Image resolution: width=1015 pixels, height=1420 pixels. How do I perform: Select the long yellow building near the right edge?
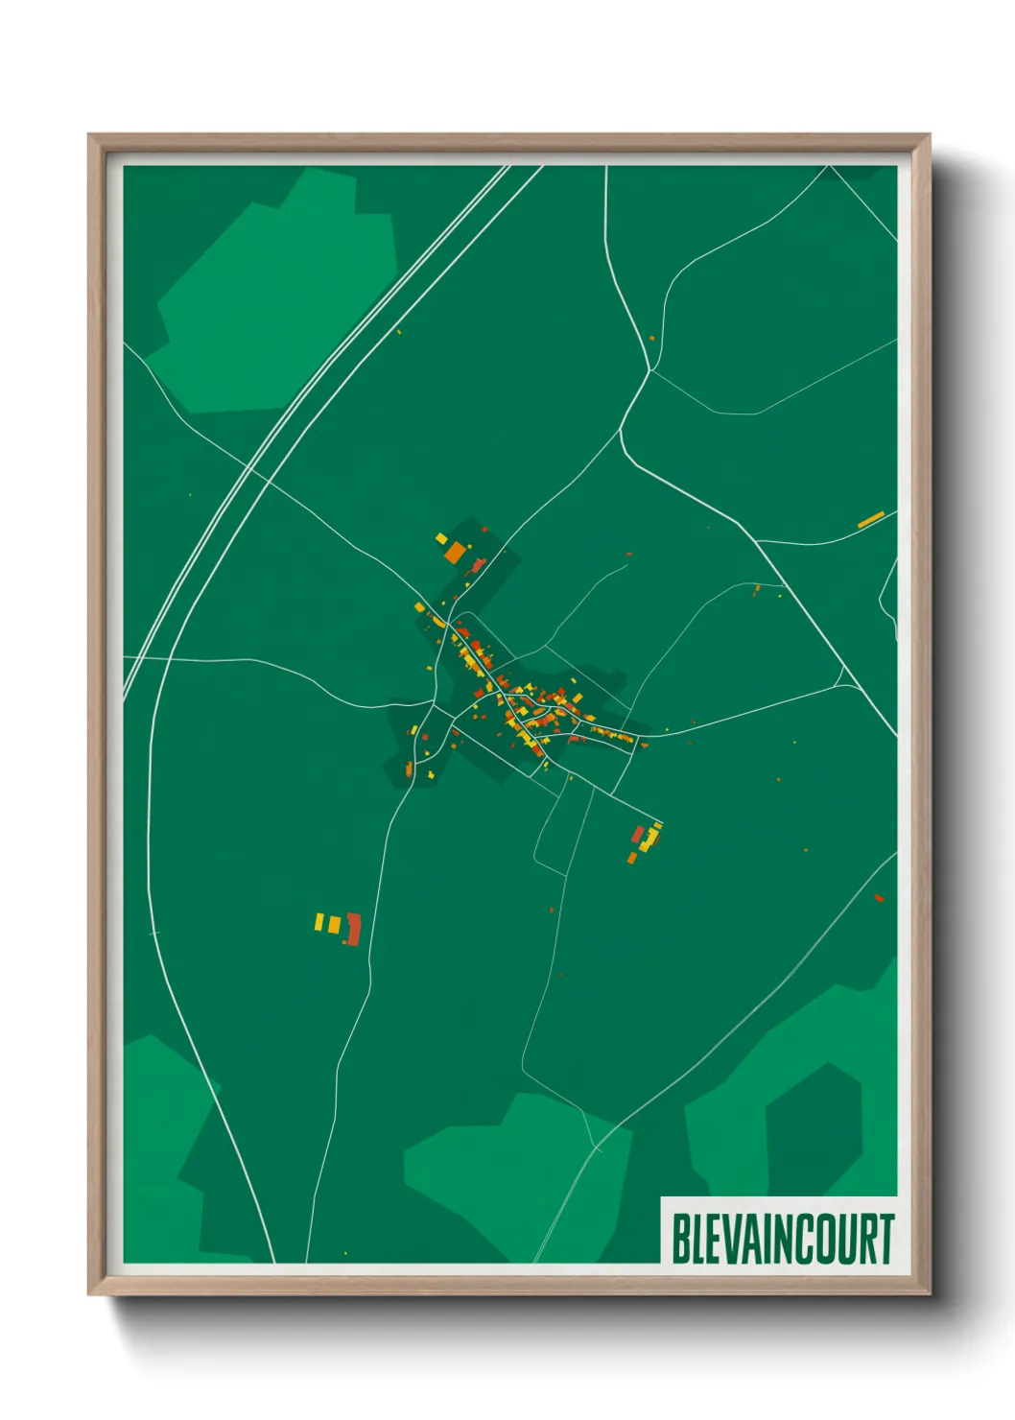870,520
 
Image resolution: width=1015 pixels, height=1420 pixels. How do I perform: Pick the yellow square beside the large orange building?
441,537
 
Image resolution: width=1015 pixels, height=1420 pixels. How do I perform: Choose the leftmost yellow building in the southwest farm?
319,921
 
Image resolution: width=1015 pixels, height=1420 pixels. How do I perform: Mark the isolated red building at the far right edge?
879,898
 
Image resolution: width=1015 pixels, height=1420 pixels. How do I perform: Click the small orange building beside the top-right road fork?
651,338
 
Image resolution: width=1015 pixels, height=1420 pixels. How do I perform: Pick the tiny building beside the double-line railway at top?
399,332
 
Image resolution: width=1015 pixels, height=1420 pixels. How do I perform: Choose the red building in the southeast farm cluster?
638,833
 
